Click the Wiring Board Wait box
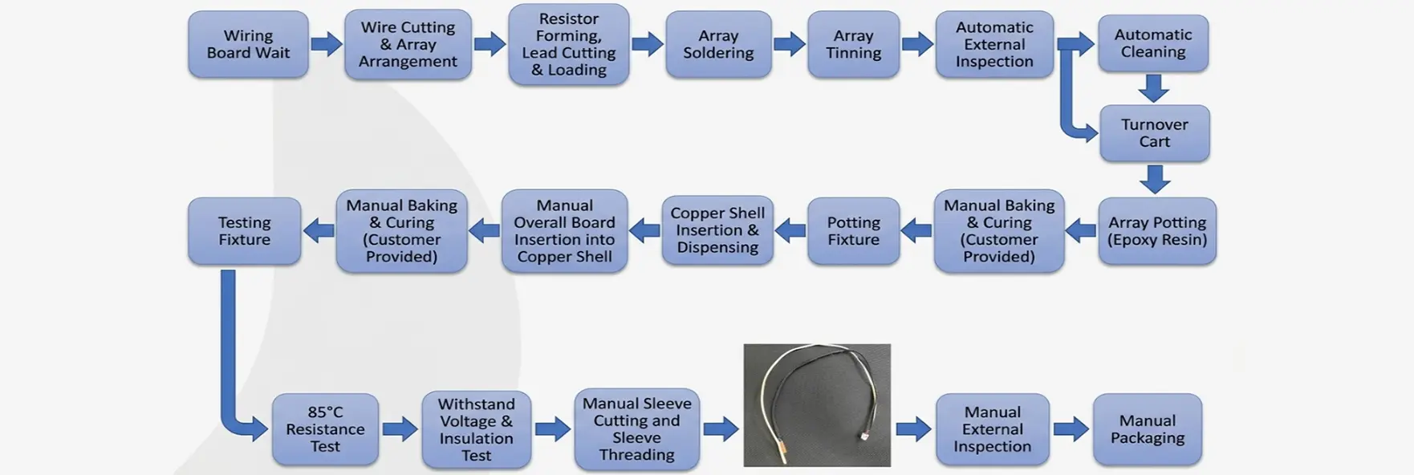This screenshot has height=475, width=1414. pyautogui.click(x=248, y=45)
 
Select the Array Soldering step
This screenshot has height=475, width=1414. pyautogui.click(x=718, y=45)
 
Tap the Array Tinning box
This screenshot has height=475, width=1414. pyautogui.click(x=853, y=45)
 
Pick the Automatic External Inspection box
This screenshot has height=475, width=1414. pyautogui.click(x=994, y=45)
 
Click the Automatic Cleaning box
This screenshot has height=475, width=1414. pyautogui.click(x=1152, y=43)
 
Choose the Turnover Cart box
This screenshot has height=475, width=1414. pyautogui.click(x=1154, y=133)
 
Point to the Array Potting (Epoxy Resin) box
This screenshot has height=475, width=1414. pyautogui.click(x=1156, y=231)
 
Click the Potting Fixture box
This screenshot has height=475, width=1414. pyautogui.click(x=853, y=231)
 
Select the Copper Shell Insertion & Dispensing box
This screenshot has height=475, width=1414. pyautogui.click(x=717, y=230)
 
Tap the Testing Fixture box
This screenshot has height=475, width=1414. pyautogui.click(x=244, y=231)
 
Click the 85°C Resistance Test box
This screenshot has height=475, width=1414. pyautogui.click(x=325, y=429)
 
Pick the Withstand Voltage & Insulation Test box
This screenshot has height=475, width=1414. pyautogui.click(x=476, y=429)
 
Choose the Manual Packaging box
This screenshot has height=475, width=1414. pyautogui.click(x=1147, y=429)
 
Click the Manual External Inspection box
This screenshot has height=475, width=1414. pyautogui.click(x=992, y=429)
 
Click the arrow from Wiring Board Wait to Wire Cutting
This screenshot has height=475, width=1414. pyautogui.click(x=326, y=43)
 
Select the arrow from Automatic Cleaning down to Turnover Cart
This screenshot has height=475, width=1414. pyautogui.click(x=1153, y=87)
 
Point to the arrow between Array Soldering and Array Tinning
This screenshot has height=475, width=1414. pyautogui.click(x=789, y=43)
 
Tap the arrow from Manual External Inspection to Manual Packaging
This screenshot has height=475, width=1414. pyautogui.click(x=1071, y=429)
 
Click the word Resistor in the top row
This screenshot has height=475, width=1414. pyautogui.click(x=568, y=18)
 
